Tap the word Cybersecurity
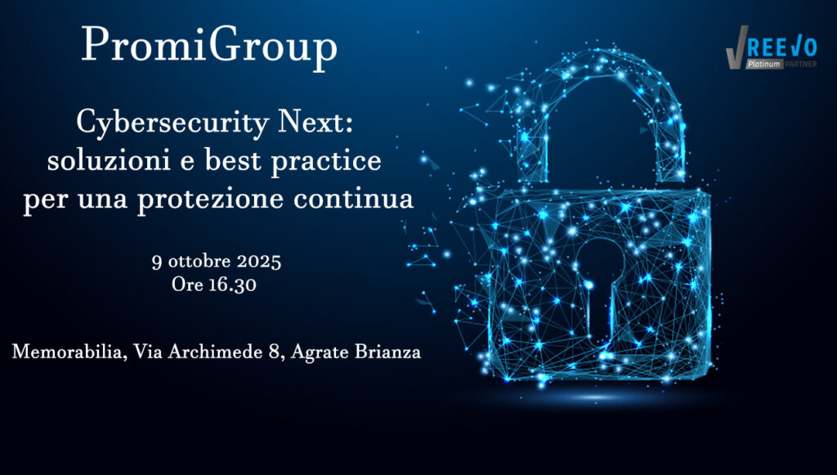pos(172,123)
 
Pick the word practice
pos(326,162)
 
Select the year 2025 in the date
pos(259,262)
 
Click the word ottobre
pos(199,262)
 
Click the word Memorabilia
pos(69,352)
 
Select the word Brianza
pos(387,352)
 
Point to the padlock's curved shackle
pos(600,59)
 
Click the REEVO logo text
pos(781,48)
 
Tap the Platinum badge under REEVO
pos(764,64)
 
